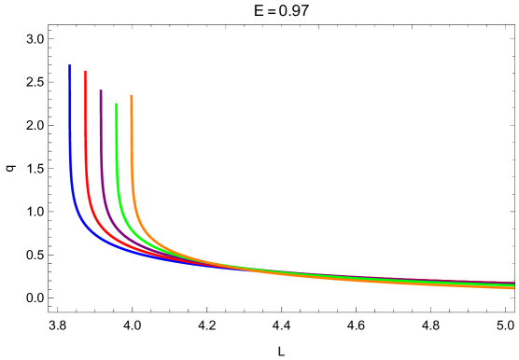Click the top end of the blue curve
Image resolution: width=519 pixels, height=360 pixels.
point(70,66)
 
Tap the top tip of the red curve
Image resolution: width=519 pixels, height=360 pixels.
point(86,72)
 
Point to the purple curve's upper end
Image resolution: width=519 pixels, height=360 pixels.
point(101,91)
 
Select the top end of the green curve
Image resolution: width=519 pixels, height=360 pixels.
point(117,104)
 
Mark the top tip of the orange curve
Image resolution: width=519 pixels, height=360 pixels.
point(132,96)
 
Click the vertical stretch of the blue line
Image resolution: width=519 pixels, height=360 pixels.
point(70,131)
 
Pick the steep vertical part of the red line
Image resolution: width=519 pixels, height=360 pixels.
point(86,131)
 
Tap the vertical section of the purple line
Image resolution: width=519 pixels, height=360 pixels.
point(101,140)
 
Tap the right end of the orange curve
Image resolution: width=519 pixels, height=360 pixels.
point(513,287)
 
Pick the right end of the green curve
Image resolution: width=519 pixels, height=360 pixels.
point(513,285)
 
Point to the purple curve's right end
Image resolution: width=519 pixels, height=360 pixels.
point(513,284)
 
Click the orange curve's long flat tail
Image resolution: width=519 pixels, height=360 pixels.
point(392,280)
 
